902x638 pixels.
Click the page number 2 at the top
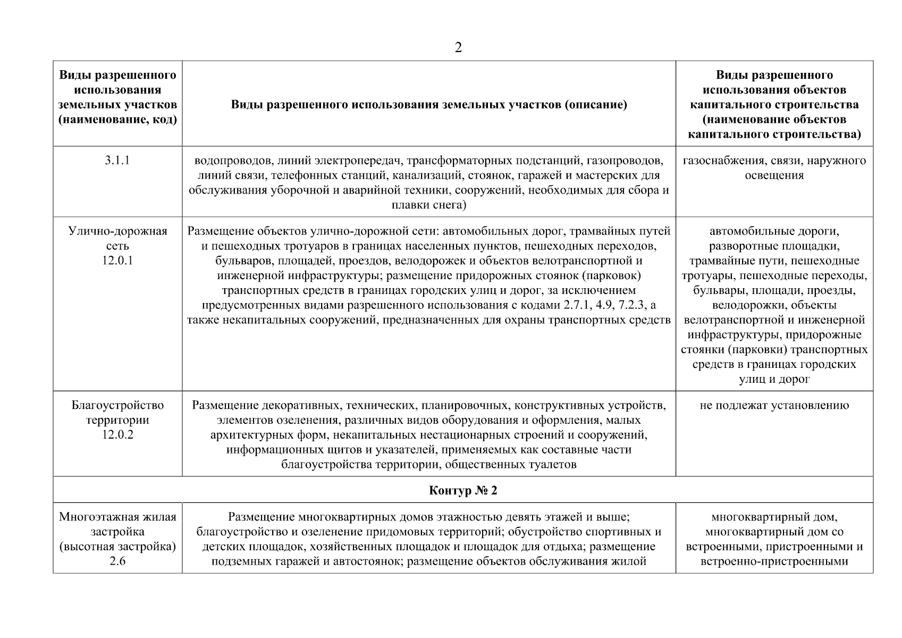(x=458, y=48)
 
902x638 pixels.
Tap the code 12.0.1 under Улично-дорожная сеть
(x=117, y=261)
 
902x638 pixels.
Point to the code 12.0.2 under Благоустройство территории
(x=117, y=435)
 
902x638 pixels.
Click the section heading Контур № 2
(x=463, y=490)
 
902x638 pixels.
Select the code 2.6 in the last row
(x=117, y=561)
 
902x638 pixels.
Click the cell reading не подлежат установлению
(x=774, y=405)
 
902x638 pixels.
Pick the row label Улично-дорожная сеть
(x=117, y=238)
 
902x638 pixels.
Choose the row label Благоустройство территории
(x=117, y=413)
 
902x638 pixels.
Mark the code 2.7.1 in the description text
(x=575, y=305)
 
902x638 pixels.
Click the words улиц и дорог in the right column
(x=774, y=380)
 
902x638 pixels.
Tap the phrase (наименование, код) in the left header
(x=117, y=120)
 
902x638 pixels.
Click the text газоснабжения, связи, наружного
(x=774, y=161)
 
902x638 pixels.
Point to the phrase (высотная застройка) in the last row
(x=117, y=547)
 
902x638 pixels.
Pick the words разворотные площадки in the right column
(x=774, y=246)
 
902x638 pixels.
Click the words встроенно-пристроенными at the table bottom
(x=774, y=561)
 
